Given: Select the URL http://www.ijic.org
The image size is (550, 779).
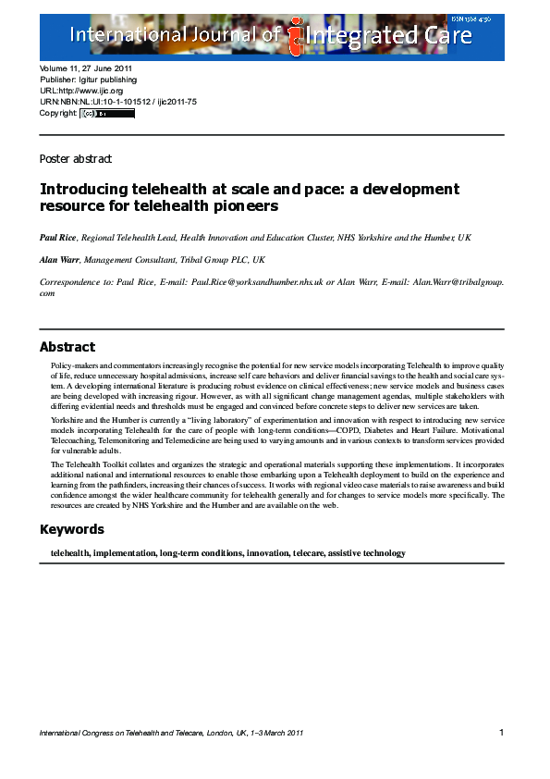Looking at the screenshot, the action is click(x=92, y=92).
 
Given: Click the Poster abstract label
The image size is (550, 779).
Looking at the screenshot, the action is click(x=75, y=159).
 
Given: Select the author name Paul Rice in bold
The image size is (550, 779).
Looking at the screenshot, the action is click(x=58, y=238).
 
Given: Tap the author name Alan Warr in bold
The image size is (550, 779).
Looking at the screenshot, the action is click(x=59, y=260).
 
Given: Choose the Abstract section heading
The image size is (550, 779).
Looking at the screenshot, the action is click(x=67, y=347).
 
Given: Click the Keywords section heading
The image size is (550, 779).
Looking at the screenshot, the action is click(x=71, y=530).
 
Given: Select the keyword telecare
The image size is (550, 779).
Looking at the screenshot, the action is click(x=304, y=553).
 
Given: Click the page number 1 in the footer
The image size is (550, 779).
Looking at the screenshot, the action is click(x=501, y=733).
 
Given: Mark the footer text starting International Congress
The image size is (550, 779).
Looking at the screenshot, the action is click(x=172, y=734).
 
